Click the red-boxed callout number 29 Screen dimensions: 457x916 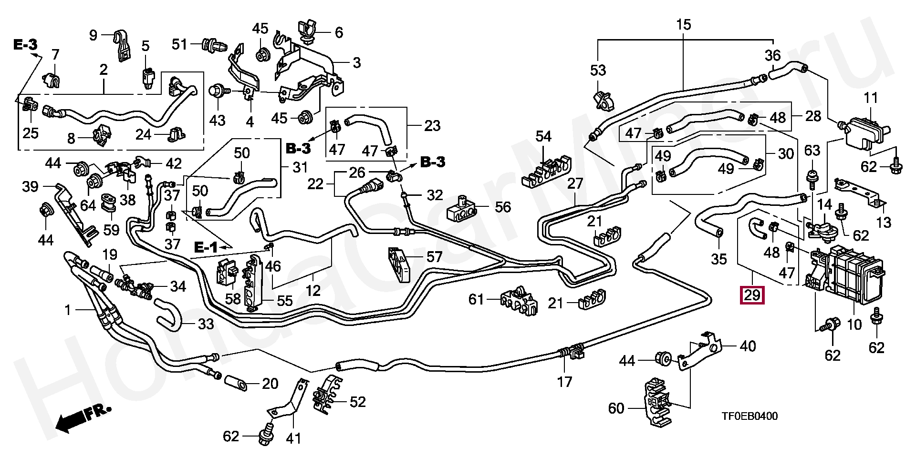(x=752, y=295)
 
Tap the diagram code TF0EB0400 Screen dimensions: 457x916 (x=749, y=416)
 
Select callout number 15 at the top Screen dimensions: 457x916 (x=683, y=24)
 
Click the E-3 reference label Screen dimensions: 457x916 (x=25, y=45)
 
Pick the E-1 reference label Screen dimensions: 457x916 (x=206, y=247)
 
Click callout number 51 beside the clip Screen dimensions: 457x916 (x=179, y=44)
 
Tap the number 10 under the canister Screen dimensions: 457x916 (x=854, y=325)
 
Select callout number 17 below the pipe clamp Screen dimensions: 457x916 (x=564, y=381)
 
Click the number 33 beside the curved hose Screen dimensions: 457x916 (x=206, y=324)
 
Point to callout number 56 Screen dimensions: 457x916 (x=503, y=207)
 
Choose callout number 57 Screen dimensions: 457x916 (x=434, y=257)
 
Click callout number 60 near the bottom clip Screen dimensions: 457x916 (x=616, y=408)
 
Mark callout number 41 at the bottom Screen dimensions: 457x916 (x=293, y=438)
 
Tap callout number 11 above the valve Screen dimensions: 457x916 (x=871, y=98)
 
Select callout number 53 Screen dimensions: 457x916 (x=598, y=70)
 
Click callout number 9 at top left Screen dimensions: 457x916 (x=93, y=34)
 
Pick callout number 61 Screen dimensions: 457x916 (x=476, y=299)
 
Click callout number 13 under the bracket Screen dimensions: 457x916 (x=884, y=222)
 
